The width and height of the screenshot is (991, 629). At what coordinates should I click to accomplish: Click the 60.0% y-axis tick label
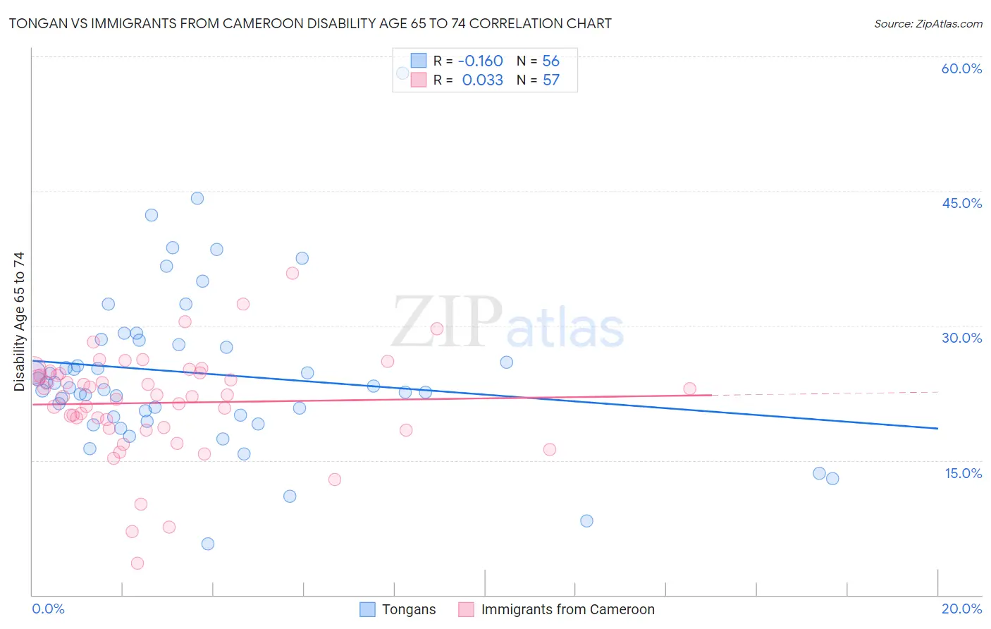(x=961, y=68)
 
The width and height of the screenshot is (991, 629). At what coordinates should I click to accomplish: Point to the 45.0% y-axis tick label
(x=961, y=203)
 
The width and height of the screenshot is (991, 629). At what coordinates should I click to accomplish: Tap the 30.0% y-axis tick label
(x=961, y=338)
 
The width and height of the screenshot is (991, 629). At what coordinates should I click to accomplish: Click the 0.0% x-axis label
(x=48, y=609)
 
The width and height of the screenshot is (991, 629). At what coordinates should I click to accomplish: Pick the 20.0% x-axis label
(x=961, y=609)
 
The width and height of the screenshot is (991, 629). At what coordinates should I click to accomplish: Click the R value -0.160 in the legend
(x=480, y=61)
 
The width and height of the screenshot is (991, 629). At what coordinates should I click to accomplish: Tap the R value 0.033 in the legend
(x=482, y=80)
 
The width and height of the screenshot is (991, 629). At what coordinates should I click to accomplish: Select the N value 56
(x=550, y=61)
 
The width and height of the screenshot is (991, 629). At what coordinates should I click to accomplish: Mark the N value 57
(x=550, y=80)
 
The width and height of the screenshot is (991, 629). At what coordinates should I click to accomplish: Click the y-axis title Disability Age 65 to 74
(x=19, y=322)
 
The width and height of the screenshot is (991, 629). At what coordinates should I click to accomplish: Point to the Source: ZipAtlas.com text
(x=928, y=23)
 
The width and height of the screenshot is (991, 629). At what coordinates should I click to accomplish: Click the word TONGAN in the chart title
(x=35, y=23)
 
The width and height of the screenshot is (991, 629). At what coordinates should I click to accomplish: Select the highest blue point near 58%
(x=402, y=73)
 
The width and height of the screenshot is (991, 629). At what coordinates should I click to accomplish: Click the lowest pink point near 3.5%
(x=137, y=563)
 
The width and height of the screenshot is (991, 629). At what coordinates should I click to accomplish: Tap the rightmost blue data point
(x=832, y=478)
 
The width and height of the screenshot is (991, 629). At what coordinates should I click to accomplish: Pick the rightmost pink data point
(x=689, y=389)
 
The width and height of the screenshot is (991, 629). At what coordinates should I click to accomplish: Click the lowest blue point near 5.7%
(x=207, y=544)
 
